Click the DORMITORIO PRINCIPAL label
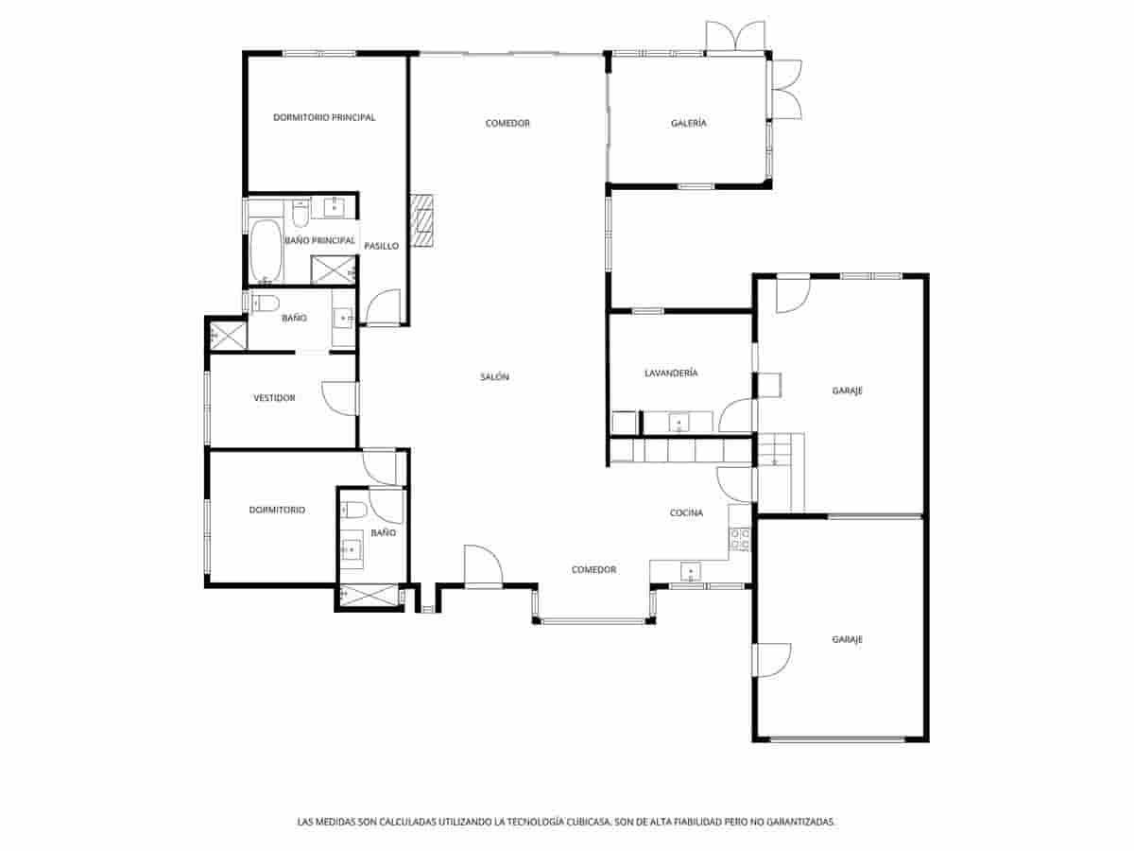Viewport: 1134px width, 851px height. click(x=324, y=118)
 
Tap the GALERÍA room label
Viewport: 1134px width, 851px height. click(x=689, y=124)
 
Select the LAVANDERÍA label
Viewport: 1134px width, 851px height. click(x=671, y=373)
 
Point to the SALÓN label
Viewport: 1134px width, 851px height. click(x=494, y=377)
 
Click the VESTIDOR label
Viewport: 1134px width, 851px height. click(x=274, y=398)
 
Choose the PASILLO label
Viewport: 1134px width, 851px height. click(x=382, y=246)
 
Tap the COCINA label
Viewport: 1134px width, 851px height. click(x=686, y=513)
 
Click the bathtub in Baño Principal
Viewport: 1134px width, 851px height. click(x=266, y=251)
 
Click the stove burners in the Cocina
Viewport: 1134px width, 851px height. click(x=740, y=539)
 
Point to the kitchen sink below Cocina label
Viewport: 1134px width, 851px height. click(x=692, y=572)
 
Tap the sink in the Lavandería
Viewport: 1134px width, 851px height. click(x=679, y=422)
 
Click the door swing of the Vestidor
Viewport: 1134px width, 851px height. click(x=338, y=397)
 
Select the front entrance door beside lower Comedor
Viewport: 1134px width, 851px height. click(x=483, y=568)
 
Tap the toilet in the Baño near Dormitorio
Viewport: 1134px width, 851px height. click(x=354, y=511)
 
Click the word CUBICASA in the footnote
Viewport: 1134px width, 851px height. click(x=586, y=823)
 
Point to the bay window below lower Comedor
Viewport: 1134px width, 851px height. click(x=594, y=620)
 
